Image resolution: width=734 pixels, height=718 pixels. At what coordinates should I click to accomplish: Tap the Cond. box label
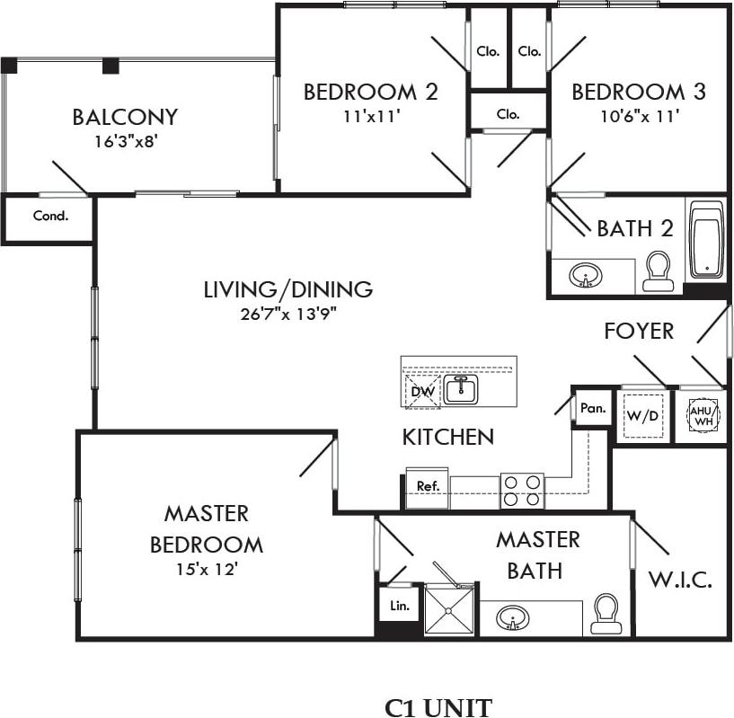pyautogui.click(x=50, y=216)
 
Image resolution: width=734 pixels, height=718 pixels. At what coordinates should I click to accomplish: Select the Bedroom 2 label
pyautogui.click(x=370, y=92)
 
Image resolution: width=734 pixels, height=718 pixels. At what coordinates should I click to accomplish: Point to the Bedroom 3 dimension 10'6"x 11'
pyautogui.click(x=638, y=115)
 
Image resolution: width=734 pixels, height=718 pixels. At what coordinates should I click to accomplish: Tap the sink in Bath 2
pyautogui.click(x=586, y=276)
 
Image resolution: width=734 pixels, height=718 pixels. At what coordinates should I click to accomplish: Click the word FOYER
pyautogui.click(x=638, y=331)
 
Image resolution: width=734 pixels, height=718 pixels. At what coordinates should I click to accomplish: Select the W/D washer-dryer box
pyautogui.click(x=642, y=416)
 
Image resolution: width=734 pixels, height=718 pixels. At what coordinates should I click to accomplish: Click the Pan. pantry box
pyautogui.click(x=592, y=407)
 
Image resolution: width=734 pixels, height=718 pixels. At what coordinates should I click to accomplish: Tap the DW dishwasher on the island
pyautogui.click(x=422, y=392)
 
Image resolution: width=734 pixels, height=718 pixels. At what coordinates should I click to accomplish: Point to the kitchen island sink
pyautogui.click(x=464, y=389)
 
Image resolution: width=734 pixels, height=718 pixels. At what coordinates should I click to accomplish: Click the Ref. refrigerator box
pyautogui.click(x=428, y=486)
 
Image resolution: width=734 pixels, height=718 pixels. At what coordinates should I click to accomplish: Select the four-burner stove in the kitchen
pyautogui.click(x=523, y=490)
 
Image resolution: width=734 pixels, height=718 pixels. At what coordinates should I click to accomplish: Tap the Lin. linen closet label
pyautogui.click(x=400, y=606)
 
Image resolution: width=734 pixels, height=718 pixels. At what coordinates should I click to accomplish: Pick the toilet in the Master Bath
pyautogui.click(x=606, y=616)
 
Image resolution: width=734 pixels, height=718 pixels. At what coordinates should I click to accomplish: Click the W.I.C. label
pyautogui.click(x=680, y=580)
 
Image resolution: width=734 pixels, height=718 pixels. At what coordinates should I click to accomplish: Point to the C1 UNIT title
pyautogui.click(x=438, y=707)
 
